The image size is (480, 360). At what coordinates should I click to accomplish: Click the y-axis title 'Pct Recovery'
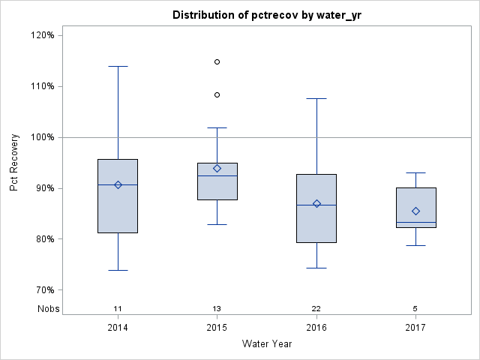[15, 162]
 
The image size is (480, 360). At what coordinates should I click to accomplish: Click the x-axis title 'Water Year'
[267, 344]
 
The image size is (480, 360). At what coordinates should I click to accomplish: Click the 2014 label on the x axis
[118, 328]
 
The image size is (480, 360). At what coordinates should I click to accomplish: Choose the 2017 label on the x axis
[415, 328]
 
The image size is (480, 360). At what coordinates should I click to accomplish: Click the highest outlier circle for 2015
[217, 61]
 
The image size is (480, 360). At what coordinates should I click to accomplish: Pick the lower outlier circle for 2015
[217, 94]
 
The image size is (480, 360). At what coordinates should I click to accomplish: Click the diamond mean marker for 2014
[118, 184]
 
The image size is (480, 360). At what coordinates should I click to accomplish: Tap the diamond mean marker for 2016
[316, 203]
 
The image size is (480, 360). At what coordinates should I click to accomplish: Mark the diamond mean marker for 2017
[415, 211]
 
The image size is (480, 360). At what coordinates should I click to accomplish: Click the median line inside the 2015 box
[217, 175]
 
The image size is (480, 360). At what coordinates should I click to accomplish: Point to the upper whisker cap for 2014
[118, 66]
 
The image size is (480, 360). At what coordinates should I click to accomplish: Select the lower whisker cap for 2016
[316, 268]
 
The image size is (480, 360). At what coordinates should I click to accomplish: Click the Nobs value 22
[316, 308]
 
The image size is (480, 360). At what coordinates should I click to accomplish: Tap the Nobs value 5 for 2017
[415, 308]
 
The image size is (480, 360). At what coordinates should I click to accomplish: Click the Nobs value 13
[217, 308]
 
